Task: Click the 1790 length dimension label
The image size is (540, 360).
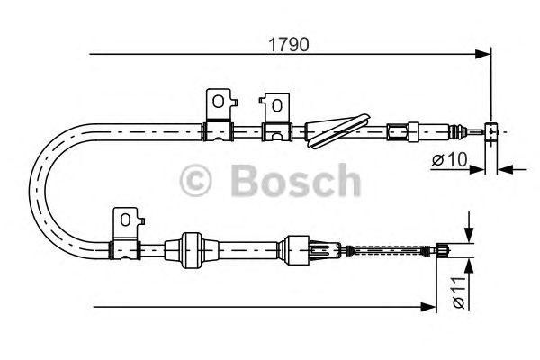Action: click(289, 45)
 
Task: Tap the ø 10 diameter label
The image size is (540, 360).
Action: click(450, 159)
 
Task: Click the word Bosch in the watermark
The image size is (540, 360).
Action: click(295, 181)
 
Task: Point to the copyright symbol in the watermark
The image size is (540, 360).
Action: click(195, 181)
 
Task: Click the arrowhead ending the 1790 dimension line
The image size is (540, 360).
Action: click(482, 54)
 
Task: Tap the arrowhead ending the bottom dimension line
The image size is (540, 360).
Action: click(428, 307)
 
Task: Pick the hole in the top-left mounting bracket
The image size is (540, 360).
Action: click(218, 102)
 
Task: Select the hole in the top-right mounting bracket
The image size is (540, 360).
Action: click(276, 105)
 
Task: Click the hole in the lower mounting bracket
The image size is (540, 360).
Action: click(125, 220)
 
